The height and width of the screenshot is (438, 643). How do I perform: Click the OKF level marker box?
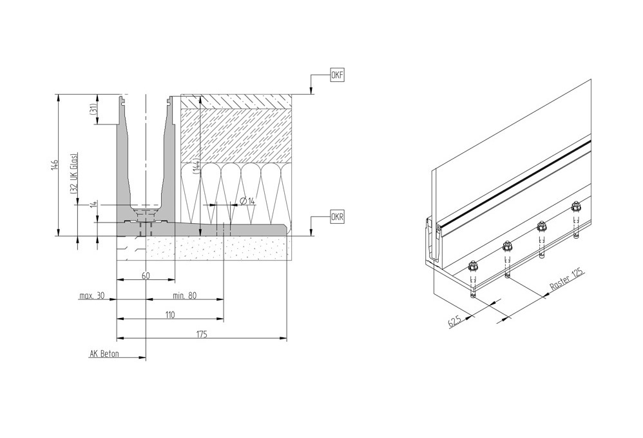pyautogui.click(x=337, y=75)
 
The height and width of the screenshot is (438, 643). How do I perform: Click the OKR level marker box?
pyautogui.click(x=337, y=217)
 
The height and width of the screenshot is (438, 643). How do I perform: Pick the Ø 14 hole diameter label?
pyautogui.click(x=247, y=201)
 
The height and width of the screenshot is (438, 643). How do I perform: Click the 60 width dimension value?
pyautogui.click(x=146, y=276)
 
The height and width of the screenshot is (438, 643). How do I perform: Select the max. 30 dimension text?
pyautogui.click(x=91, y=296)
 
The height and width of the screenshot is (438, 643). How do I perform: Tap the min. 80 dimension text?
pyautogui.click(x=184, y=296)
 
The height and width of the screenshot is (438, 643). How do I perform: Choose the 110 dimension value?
pyautogui.click(x=169, y=315)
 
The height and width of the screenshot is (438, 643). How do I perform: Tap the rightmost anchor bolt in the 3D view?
pyautogui.click(x=576, y=208)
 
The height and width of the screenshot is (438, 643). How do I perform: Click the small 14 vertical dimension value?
pyautogui.click(x=93, y=204)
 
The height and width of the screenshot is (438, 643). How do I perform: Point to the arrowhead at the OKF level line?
pyautogui.click(x=311, y=92)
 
